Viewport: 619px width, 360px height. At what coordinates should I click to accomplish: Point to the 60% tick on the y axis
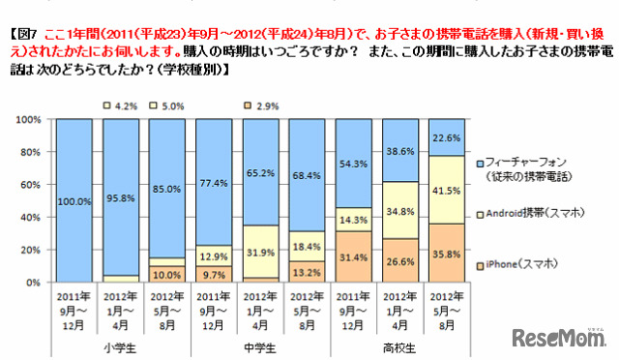(x=28, y=184)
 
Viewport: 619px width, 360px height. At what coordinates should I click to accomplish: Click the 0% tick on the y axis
(x=31, y=282)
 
